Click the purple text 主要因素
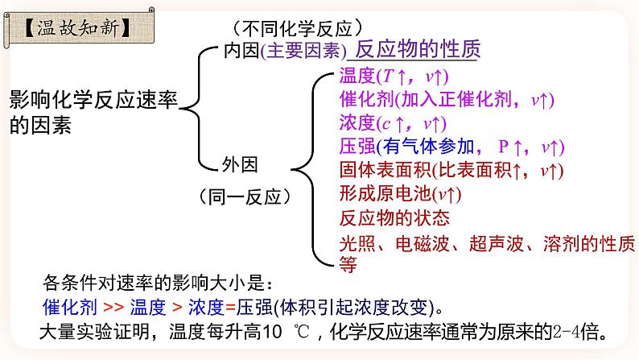click(303, 51)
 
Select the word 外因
click(240, 165)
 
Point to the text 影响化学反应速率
click(93, 100)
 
